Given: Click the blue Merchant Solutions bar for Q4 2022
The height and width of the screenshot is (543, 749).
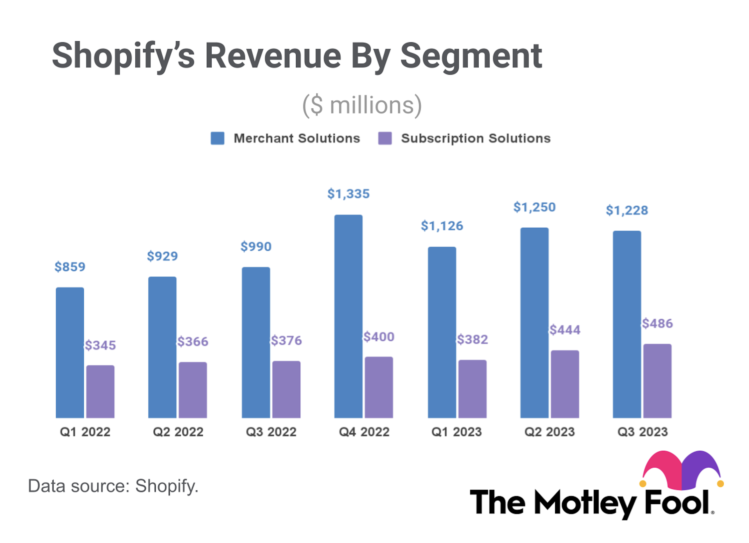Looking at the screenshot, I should pos(348,316).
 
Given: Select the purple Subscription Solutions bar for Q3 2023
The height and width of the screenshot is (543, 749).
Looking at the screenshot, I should pos(657,380).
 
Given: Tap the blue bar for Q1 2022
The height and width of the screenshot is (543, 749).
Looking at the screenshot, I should pos(70,352).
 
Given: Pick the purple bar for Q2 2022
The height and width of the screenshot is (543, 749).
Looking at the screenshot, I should pos(193,389).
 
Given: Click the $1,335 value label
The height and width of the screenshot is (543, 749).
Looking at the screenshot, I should pos(348,194).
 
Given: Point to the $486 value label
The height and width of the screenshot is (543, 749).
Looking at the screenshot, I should pos(657,323).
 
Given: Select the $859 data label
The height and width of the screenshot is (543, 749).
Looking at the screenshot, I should pos(70,267).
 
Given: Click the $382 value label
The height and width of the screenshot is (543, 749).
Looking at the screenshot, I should pos(472,339).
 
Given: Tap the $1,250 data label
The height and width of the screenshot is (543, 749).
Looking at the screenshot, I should pos(534,207).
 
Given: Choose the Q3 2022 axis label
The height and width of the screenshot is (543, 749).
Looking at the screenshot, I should pos(271,432).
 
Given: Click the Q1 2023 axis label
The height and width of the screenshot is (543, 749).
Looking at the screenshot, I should pos(456,432).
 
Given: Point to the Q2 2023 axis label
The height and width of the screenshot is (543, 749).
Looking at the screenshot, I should pos(549,432).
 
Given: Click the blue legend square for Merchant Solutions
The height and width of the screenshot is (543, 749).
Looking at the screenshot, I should pos(217,138).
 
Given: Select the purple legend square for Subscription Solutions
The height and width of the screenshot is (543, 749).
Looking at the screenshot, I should pos(384,138).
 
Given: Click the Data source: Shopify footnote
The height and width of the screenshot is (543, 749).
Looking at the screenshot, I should pos(113,486).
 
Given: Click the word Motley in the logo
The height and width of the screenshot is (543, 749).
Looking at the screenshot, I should pos(585,502).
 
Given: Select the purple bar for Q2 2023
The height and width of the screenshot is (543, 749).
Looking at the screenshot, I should pos(564,384).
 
